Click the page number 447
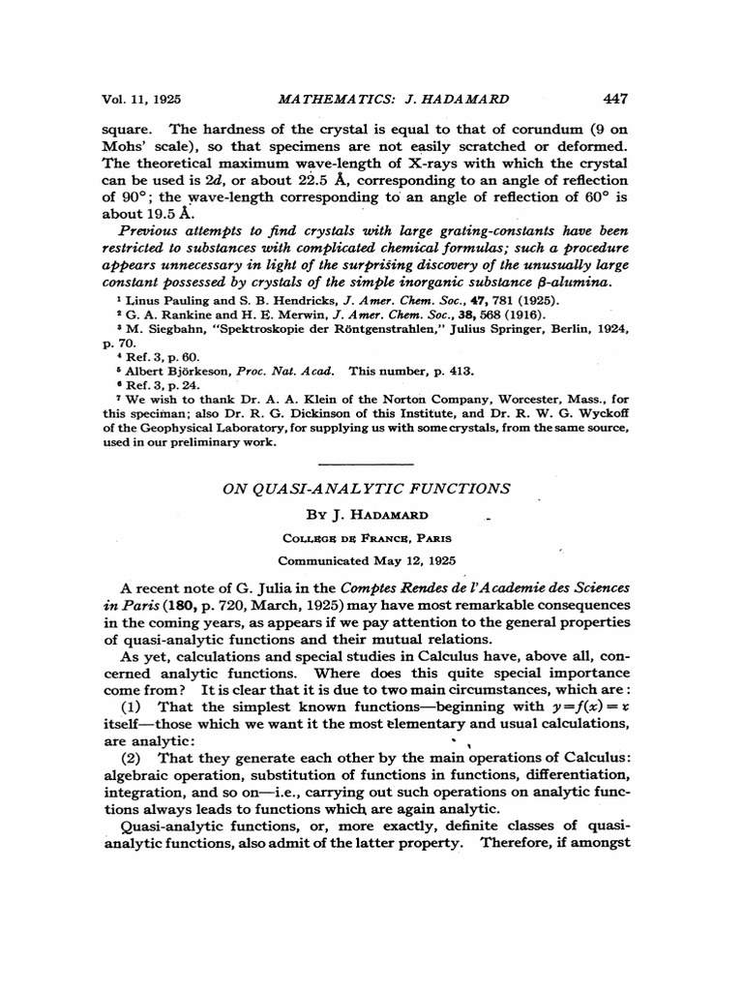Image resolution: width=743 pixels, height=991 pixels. (615, 98)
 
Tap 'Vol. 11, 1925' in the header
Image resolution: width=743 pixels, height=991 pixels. (142, 99)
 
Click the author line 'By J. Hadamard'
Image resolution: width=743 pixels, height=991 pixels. (366, 516)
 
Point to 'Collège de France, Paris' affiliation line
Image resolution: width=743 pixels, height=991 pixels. (366, 539)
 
